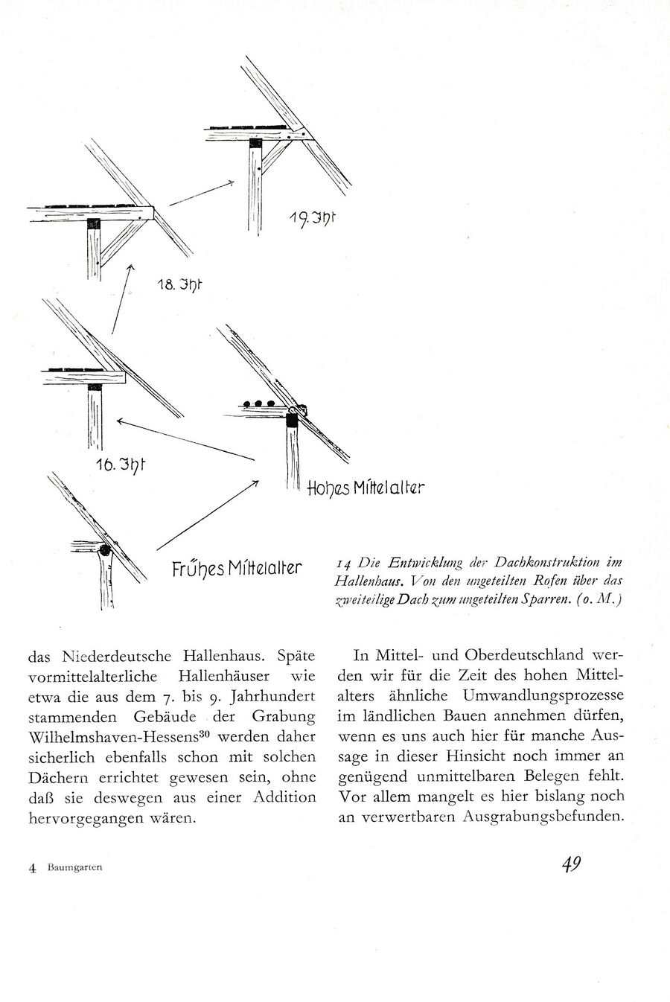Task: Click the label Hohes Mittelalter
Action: [x=364, y=488]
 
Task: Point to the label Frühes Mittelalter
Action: [x=236, y=569]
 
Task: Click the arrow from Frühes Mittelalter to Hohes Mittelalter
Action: [x=208, y=515]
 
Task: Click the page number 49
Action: [x=571, y=864]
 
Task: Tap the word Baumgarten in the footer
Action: [x=75, y=867]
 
